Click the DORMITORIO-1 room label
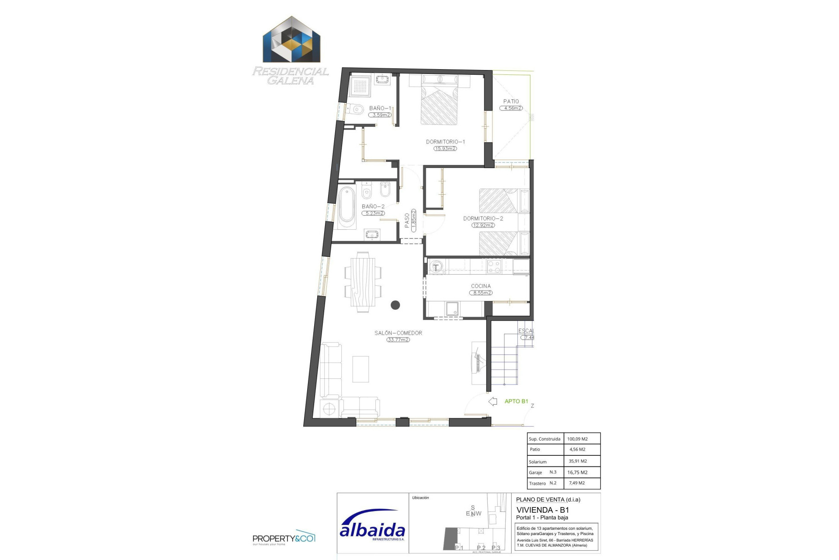click(445, 142)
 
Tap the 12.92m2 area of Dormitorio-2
click(483, 225)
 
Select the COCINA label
click(481, 286)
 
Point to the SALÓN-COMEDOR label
click(398, 333)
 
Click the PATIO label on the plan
click(511, 101)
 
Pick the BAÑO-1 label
click(380, 108)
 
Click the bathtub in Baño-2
click(347, 208)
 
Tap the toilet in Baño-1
click(356, 109)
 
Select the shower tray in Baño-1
click(361, 86)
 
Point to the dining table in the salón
click(363, 282)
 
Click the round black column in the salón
click(395, 305)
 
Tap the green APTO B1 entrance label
click(516, 401)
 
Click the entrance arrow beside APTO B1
click(493, 401)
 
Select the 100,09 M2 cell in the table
click(577, 439)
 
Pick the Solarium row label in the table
click(537, 462)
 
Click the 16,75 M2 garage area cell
click(577, 472)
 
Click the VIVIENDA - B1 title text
click(542, 510)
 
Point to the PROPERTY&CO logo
click(284, 539)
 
